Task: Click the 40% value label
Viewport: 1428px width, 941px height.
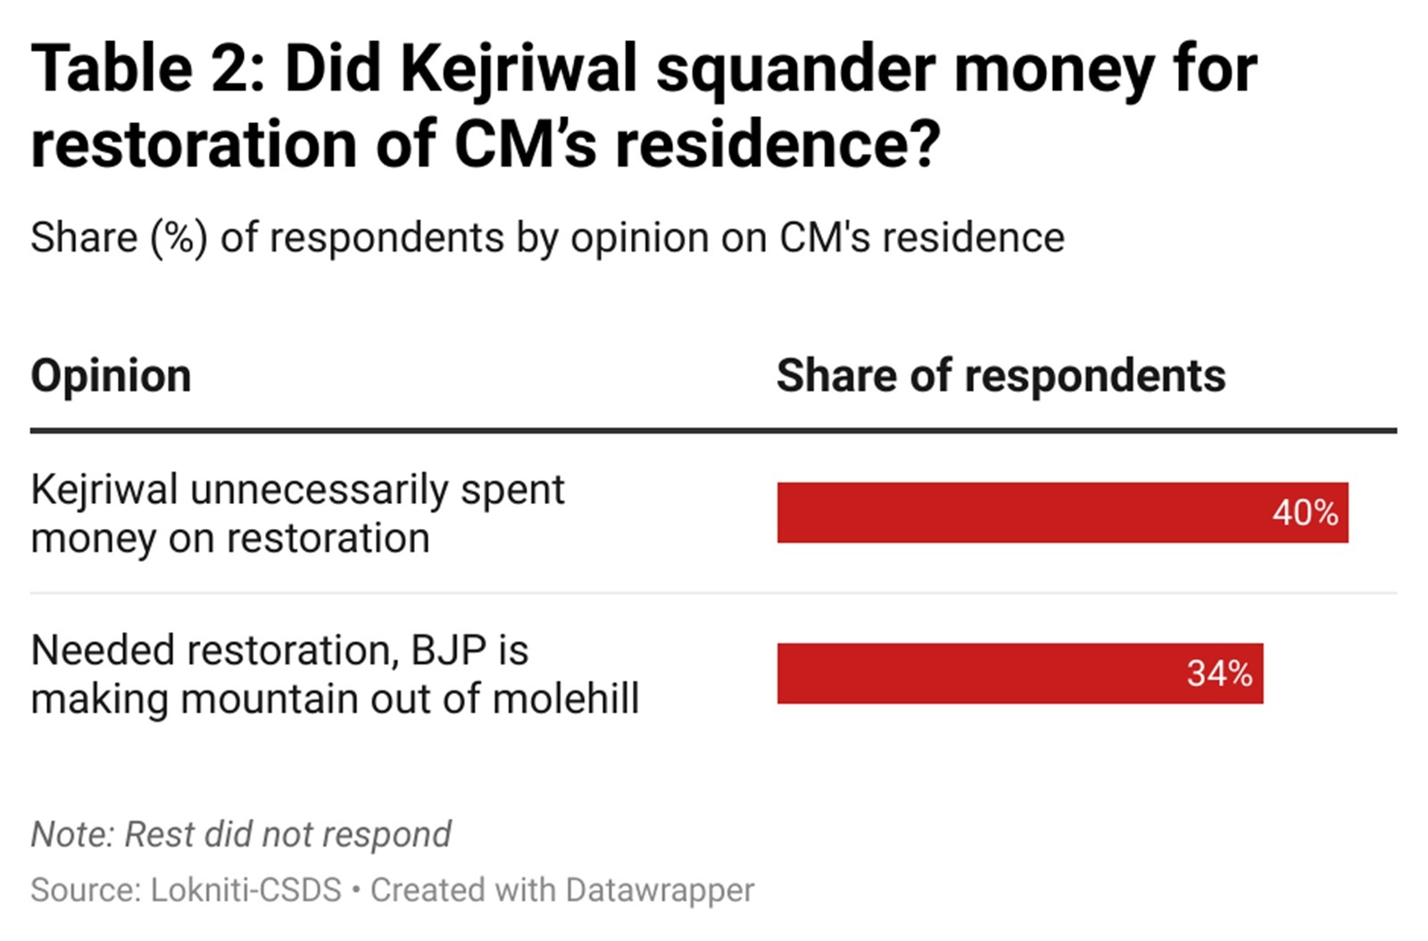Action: point(1305,513)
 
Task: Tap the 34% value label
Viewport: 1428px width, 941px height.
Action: point(1219,673)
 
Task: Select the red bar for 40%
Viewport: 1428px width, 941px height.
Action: point(1017,513)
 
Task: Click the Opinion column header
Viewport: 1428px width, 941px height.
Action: point(112,376)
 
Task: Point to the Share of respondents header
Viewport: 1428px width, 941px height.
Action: point(1000,376)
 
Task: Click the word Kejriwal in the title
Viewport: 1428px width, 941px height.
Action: point(519,69)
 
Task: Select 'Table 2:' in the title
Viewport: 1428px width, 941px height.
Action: point(148,69)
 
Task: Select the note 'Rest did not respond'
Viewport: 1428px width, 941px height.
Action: point(287,835)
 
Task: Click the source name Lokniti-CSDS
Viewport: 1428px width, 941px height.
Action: point(246,890)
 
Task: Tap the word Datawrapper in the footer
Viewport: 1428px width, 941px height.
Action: point(660,890)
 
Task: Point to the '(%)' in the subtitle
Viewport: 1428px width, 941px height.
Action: point(179,238)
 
